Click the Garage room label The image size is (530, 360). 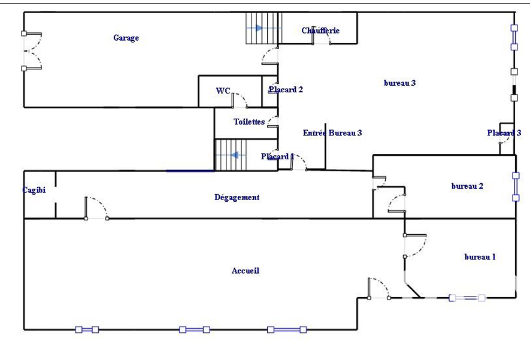coord(126,38)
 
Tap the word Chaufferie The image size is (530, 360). coord(321,31)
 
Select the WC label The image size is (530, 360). coord(223,91)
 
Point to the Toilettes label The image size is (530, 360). coord(249,122)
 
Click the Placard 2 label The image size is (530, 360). coord(286,90)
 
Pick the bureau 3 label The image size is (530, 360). coord(399,83)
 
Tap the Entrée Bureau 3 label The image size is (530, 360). coord(332,133)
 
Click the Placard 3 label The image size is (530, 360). coord(504,133)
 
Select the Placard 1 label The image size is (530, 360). coord(277,157)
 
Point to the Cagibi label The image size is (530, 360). coord(34,190)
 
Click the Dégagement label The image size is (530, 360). coord(237,197)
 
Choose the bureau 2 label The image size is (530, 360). coord(467,186)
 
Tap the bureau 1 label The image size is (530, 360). coord(480,257)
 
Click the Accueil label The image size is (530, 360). coord(246,271)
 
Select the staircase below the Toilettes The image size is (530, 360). coord(231,155)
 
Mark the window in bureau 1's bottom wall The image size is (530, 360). coord(467,298)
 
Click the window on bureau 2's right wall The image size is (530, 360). coord(515,186)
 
